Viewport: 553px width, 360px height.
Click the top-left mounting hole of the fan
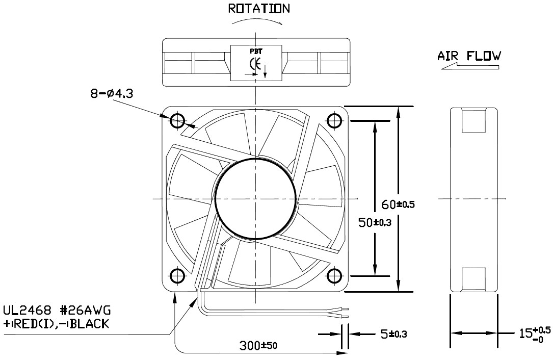(177, 121)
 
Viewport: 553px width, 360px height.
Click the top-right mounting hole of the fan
(334, 121)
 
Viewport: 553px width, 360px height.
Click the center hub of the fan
(255, 198)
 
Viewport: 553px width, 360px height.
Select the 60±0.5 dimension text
(399, 205)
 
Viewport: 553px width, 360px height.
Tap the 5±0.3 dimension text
(392, 335)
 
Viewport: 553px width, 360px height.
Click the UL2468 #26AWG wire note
(57, 311)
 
